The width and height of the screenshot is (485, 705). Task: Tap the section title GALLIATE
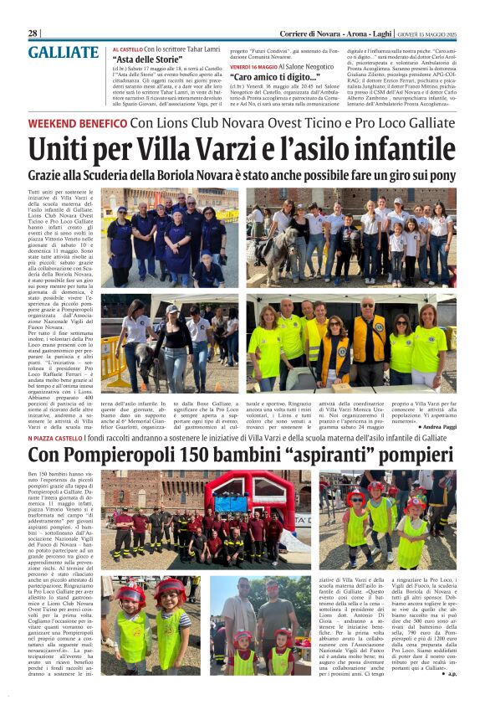click(x=63, y=53)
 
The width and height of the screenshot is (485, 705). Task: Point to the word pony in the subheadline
click(x=441, y=176)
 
